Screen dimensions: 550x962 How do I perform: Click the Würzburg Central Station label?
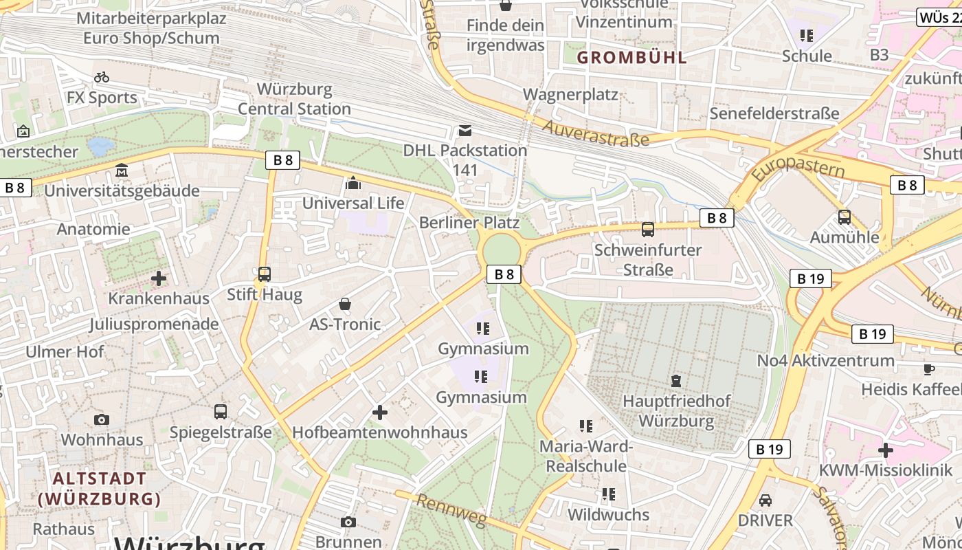coord(294,99)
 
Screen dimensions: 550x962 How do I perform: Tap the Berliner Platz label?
coord(469,223)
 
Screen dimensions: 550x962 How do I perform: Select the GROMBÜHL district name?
coord(631,58)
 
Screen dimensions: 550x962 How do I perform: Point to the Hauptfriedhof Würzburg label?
coord(676,410)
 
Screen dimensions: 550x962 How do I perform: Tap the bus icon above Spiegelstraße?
coord(221,412)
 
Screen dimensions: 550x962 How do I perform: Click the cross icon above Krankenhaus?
coord(159,278)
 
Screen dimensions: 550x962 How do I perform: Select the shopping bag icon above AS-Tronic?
coord(345,304)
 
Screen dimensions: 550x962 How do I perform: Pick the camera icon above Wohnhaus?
coord(102,419)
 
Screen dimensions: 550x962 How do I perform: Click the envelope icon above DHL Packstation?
coord(465,131)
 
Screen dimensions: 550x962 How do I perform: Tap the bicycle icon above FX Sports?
coord(102,77)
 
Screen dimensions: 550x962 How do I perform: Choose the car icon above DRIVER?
coord(765,500)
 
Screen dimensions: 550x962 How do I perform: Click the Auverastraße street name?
coord(596,133)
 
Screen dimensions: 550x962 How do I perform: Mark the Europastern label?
coord(797,169)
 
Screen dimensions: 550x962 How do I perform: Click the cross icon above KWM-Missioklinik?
coord(886,451)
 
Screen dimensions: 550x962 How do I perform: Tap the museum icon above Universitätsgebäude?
coord(122,170)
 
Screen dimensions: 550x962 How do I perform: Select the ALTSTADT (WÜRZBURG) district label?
coord(100,488)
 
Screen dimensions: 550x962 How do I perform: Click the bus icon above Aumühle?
coord(844,217)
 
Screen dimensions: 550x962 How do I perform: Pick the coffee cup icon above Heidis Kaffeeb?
coord(929,369)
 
